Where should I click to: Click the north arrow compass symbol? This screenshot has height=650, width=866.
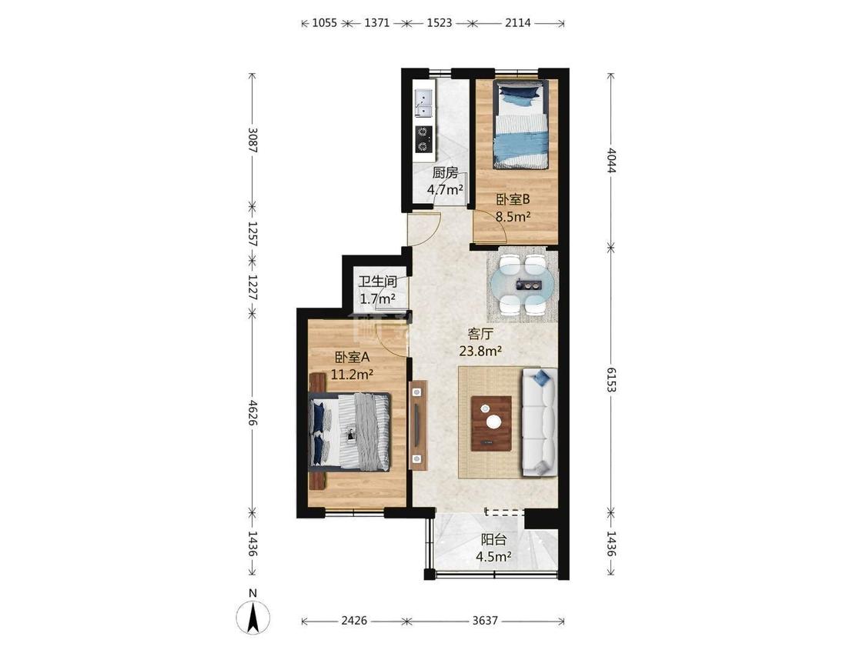[x=253, y=616]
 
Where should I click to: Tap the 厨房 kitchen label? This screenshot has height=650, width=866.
[x=445, y=173]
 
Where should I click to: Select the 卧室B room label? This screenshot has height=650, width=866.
[x=513, y=199]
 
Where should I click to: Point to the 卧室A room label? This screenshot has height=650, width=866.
[x=352, y=358]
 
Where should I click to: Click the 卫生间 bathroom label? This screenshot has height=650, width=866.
[x=378, y=282]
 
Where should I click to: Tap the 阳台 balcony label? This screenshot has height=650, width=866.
[x=493, y=540]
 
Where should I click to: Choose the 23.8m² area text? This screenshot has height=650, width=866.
[x=480, y=350]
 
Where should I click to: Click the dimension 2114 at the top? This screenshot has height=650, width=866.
[x=517, y=22]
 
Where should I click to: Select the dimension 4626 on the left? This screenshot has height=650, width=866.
[x=252, y=413]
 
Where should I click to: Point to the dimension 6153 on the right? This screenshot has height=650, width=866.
[x=611, y=379]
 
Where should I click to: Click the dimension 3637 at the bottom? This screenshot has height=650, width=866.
[x=485, y=621]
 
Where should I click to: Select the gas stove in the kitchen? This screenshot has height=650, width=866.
[x=423, y=138]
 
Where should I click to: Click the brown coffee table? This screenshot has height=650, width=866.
[x=491, y=423]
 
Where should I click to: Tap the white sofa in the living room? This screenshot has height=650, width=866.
[x=540, y=422]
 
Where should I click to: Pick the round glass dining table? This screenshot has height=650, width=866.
[x=523, y=285]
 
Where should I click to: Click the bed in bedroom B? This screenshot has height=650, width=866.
[x=521, y=125]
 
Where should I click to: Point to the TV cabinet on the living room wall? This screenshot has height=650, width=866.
[x=418, y=425]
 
